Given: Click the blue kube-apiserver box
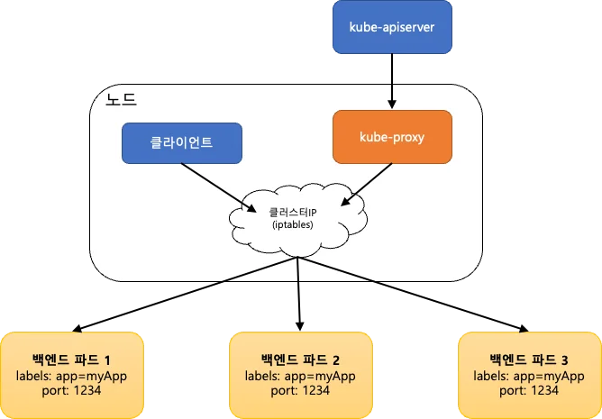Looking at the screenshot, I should coord(391,27).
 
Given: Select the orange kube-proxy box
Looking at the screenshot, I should coord(391,138).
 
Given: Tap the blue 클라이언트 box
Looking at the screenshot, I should coord(181,142).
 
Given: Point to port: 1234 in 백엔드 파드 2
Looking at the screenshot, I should coord(299,390).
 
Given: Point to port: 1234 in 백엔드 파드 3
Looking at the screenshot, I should coord(529,390).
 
